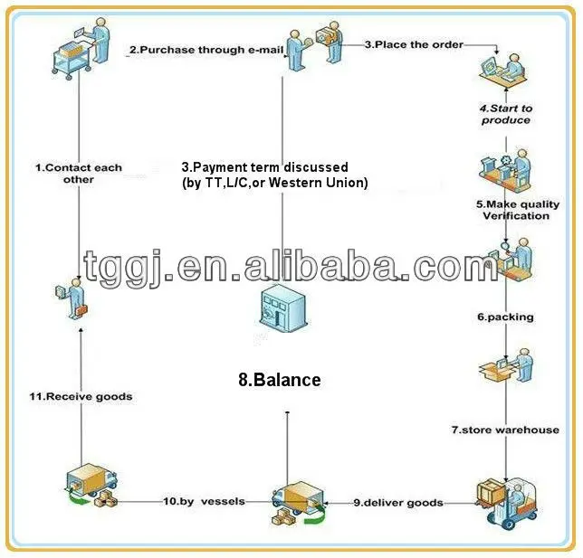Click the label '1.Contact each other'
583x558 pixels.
pyautogui.click(x=78, y=174)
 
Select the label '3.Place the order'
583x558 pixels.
pyautogui.click(x=414, y=44)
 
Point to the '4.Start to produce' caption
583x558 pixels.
pyautogui.click(x=506, y=114)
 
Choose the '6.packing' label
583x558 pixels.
pyautogui.click(x=505, y=317)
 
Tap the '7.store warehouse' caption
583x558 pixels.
pyautogui.click(x=518, y=430)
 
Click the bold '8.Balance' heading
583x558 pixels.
pyautogui.click(x=280, y=380)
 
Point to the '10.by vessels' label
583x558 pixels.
pyautogui.click(x=204, y=502)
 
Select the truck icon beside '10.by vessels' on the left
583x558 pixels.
pyautogui.click(x=93, y=488)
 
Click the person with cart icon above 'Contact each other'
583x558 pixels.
pyautogui.click(x=81, y=47)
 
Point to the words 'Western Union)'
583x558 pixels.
pyautogui.click(x=324, y=184)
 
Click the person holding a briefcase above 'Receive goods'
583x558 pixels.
pyautogui.click(x=73, y=297)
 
